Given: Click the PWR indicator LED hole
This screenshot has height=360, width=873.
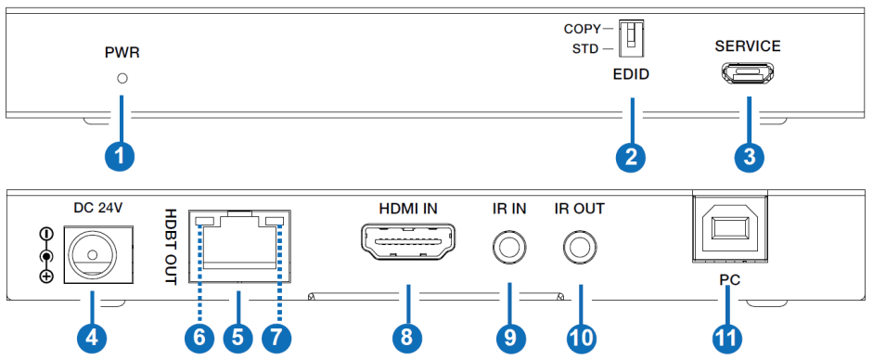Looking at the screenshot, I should (122, 78).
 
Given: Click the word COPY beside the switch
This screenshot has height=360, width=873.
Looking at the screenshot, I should (582, 29).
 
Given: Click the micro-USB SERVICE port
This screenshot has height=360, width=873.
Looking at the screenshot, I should (747, 72).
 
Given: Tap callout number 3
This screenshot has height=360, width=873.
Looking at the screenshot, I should (748, 155).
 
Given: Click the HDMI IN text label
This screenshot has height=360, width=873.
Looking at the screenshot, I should (407, 209).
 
